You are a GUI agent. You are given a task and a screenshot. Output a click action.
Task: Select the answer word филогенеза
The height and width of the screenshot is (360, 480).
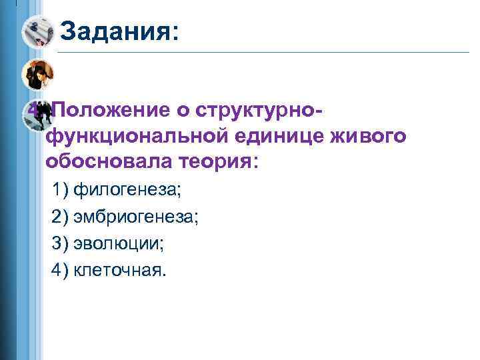pyautogui.click(x=127, y=190)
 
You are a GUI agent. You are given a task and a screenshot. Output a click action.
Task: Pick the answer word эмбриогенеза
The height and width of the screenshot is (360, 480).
pyautogui.click(x=136, y=217)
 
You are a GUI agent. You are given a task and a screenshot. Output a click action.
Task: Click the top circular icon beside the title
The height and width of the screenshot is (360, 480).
pyautogui.click(x=37, y=31)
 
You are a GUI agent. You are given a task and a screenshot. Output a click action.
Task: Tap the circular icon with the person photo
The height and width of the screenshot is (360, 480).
pyautogui.click(x=36, y=75)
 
